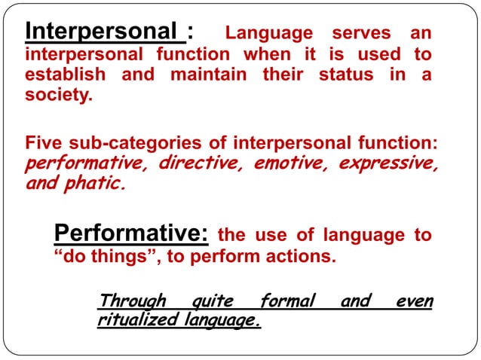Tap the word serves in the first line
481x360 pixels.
(362, 33)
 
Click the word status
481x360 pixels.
(345, 75)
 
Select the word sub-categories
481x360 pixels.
(130, 143)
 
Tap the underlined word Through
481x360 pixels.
(132, 301)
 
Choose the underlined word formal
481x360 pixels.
(286, 301)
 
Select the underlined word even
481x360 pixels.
(415, 301)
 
